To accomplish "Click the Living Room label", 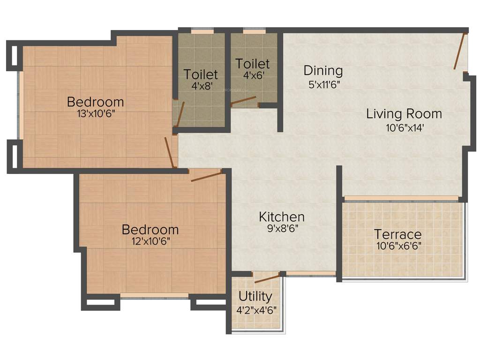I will click(x=404, y=114).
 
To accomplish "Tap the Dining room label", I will click(x=323, y=71).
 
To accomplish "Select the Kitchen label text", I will click(x=282, y=217).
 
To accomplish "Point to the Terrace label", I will click(x=397, y=234).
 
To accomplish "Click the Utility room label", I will click(x=255, y=297).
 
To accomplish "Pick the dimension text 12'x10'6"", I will click(x=150, y=241).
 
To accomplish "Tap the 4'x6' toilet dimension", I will click(x=252, y=75).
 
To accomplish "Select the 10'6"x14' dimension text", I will click(x=404, y=127).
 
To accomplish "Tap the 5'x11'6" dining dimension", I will click(x=323, y=84).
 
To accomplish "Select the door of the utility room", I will click(x=267, y=279).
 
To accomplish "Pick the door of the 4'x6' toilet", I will click(x=243, y=101).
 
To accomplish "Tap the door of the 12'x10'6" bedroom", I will click(x=206, y=176).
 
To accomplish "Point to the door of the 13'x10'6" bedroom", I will click(x=169, y=152).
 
